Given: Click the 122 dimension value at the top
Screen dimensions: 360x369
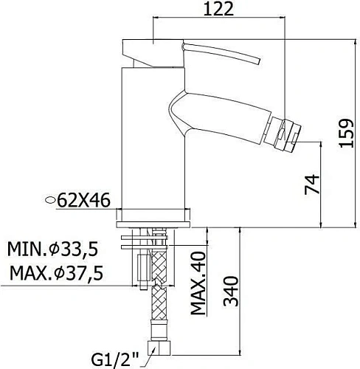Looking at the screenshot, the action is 218,9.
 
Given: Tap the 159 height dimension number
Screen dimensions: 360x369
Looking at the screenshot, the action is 346,133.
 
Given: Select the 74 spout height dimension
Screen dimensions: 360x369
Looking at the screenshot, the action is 312,184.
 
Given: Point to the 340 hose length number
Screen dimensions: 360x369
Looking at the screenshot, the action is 231,292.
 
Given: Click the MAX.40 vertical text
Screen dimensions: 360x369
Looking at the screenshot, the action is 198,283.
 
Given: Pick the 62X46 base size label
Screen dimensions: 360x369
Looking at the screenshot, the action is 83,201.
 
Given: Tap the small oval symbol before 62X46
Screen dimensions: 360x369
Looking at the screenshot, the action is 50,200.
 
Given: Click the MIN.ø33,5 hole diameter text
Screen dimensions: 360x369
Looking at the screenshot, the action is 53,249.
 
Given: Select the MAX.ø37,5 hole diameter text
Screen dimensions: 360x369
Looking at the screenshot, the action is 56,273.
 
